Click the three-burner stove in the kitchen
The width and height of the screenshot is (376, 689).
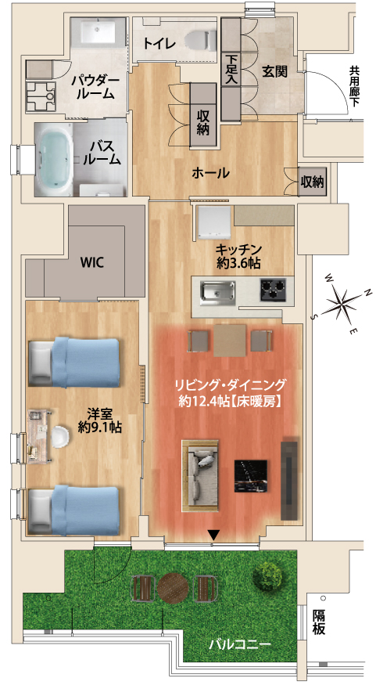pos(273,290)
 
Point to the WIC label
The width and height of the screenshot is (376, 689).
pos(91,262)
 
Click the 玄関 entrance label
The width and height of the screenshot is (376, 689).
pos(275,71)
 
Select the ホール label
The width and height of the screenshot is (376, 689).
pos(210,173)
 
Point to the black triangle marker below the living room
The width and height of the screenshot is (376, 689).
pos(213,536)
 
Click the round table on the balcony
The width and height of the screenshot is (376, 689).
pos(173,587)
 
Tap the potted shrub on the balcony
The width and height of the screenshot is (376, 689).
pos(268,575)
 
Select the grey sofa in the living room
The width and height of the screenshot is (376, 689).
pos(200,475)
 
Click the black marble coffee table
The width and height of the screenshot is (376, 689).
pos(251,476)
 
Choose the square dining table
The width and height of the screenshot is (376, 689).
pos(230,341)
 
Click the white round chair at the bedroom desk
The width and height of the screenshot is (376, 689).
pos(60,437)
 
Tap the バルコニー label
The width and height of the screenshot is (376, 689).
pos(239,644)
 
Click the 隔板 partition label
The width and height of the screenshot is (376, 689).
pos(319,622)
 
